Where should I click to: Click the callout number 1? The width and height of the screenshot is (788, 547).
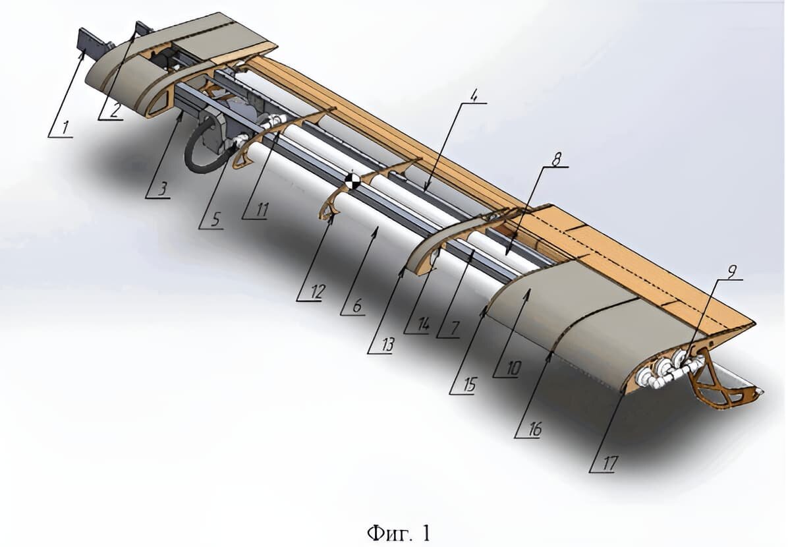[65, 128]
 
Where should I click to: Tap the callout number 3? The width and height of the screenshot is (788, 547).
[161, 189]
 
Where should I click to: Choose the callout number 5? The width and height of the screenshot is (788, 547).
[215, 219]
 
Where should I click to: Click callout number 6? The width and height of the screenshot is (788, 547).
[356, 305]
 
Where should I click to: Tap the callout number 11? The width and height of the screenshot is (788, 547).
[262, 210]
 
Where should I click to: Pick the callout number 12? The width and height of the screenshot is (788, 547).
[317, 291]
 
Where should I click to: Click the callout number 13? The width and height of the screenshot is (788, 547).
[387, 345]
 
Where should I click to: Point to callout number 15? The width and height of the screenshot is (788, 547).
[469, 385]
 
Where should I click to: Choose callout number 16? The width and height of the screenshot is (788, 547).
[534, 429]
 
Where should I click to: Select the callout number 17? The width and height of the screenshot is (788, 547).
[609, 463]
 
